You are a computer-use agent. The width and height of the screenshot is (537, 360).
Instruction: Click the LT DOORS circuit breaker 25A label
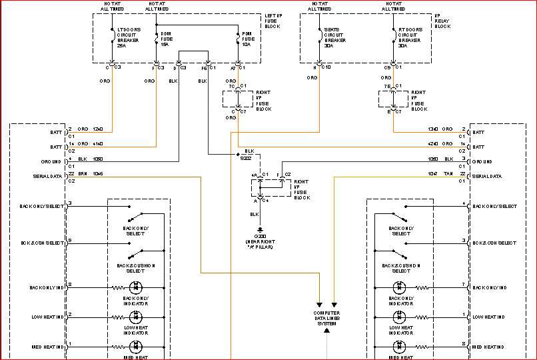[129, 38]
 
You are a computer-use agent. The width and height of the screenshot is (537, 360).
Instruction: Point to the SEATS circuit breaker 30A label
[334, 38]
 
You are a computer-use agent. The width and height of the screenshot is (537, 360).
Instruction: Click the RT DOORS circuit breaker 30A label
[410, 38]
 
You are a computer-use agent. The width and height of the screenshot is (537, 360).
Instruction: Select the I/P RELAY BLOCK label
[442, 22]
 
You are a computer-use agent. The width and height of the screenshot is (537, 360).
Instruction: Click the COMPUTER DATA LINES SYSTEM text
[327, 319]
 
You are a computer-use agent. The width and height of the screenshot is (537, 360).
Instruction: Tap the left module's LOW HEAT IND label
[47, 317]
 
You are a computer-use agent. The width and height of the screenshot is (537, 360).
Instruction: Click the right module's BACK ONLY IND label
[489, 287]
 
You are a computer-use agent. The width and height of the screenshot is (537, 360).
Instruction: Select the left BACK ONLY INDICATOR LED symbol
[137, 287]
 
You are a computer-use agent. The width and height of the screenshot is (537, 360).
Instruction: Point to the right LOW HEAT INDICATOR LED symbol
[398, 317]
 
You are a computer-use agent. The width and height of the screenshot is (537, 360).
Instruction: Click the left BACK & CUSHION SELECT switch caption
[136, 268]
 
